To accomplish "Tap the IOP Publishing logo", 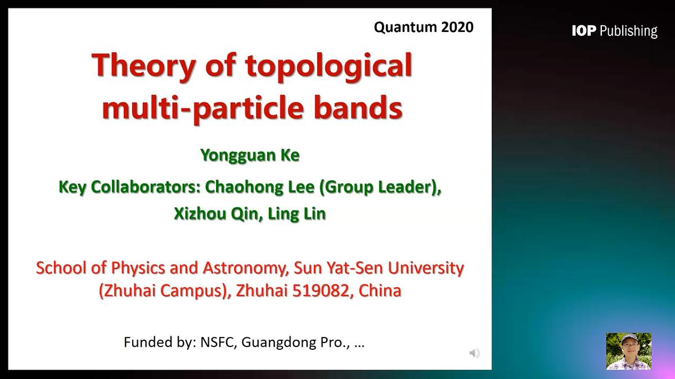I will coord(614,31).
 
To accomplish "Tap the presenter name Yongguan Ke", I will coord(250,155).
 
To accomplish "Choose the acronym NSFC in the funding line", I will coord(218,342).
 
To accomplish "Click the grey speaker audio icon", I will coord(475,353).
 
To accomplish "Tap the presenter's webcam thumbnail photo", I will coord(628,351).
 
